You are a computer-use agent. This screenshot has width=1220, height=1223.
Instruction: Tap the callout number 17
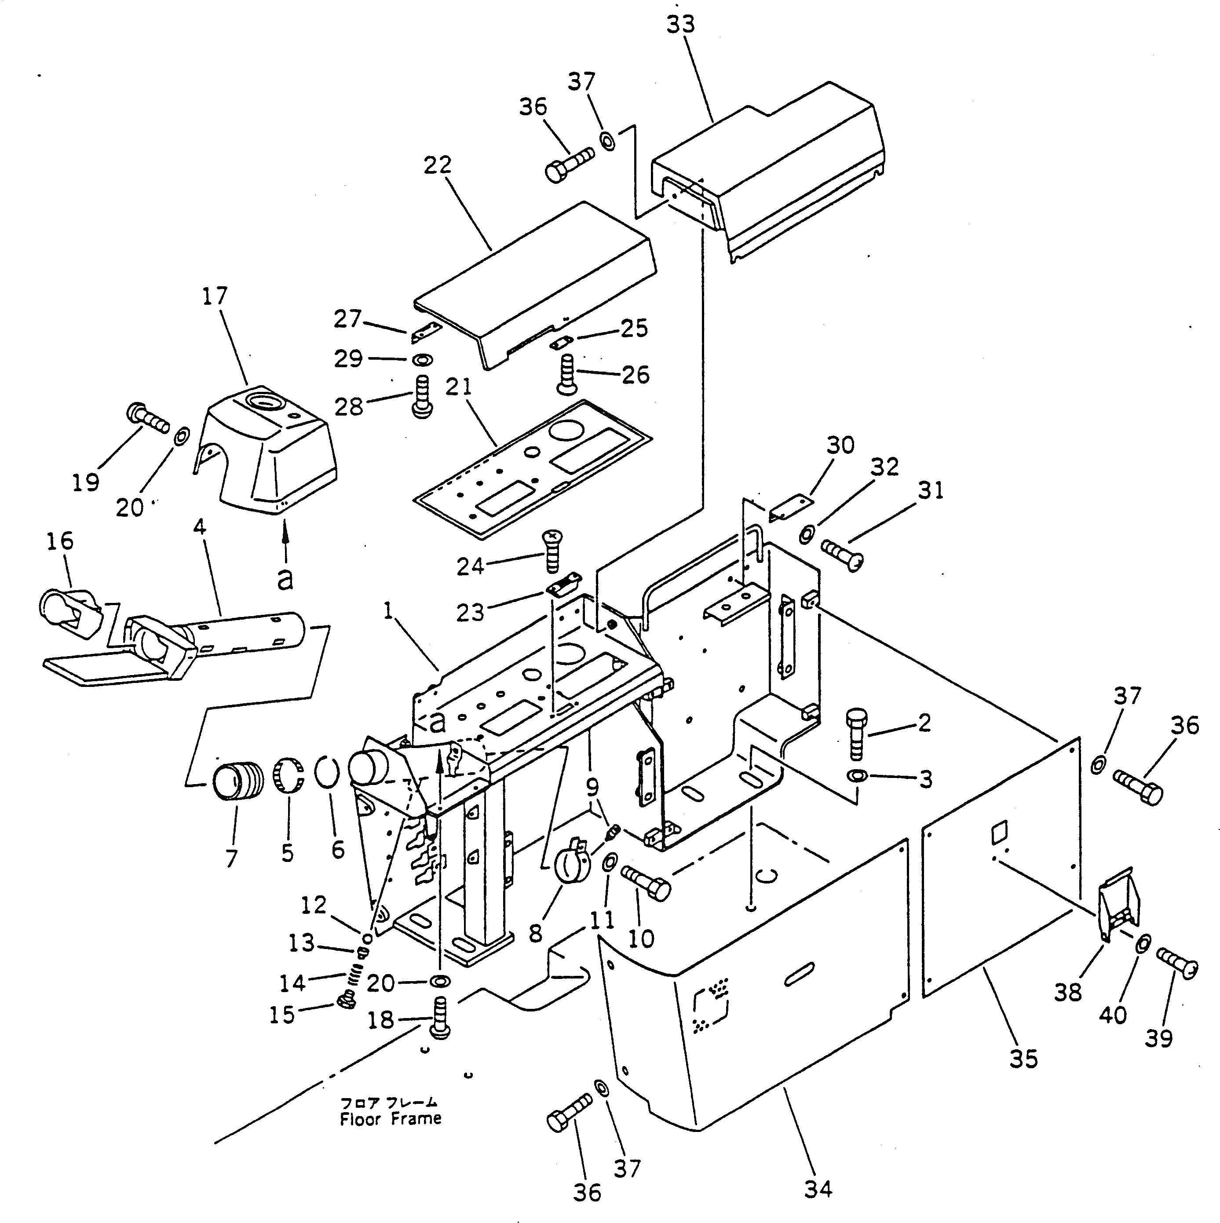tap(215, 296)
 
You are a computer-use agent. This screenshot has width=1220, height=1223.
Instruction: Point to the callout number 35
tap(1024, 1059)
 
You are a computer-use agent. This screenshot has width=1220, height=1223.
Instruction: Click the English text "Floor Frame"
tap(390, 1119)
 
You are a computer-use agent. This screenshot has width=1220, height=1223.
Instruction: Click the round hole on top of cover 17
tap(259, 402)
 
